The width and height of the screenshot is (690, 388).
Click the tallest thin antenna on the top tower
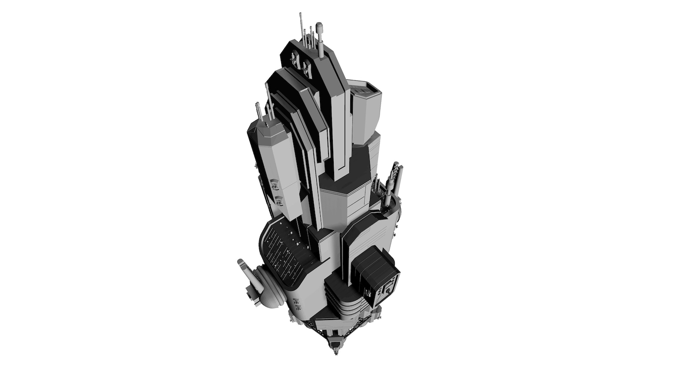(x=300, y=26)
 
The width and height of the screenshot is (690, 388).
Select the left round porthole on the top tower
(x=293, y=58)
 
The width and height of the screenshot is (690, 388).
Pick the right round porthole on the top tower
(x=306, y=67)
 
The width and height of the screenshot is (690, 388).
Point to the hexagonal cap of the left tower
(x=265, y=125)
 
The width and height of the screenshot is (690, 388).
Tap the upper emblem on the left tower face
(x=274, y=184)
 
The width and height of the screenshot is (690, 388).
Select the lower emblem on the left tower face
(x=279, y=201)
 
